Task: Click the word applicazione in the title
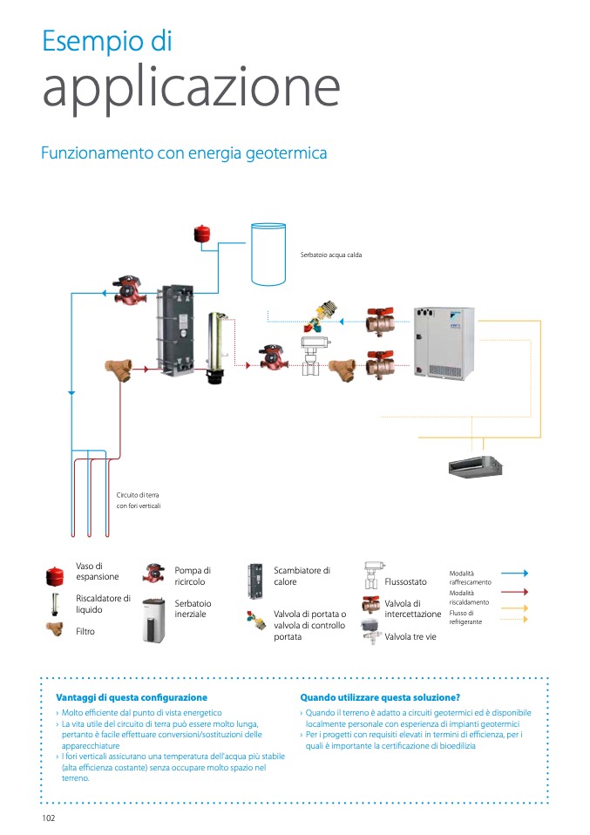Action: [x=191, y=88]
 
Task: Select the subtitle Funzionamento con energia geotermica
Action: [x=184, y=153]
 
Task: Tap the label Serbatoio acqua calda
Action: [x=330, y=255]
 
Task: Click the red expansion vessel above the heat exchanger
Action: [x=203, y=233]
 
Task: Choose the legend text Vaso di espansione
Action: [x=97, y=572]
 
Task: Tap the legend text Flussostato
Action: [x=405, y=582]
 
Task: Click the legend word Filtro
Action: [x=85, y=631]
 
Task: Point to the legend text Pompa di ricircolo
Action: [x=193, y=576]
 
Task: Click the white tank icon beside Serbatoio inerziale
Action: [x=153, y=620]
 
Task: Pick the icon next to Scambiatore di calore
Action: [x=255, y=579]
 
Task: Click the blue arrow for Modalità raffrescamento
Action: [x=513, y=574]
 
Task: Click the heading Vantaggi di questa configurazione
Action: [x=132, y=697]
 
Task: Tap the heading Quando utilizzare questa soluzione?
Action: [x=380, y=697]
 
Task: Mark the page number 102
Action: [x=49, y=818]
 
